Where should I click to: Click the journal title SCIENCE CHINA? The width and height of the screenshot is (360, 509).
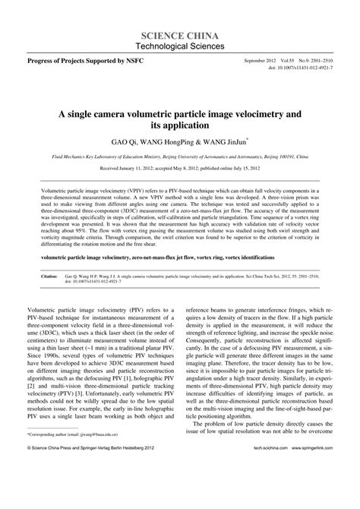tap(180, 36)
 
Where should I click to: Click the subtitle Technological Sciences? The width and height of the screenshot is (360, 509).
tap(180, 47)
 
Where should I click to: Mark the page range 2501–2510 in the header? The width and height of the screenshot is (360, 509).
tap(327, 59)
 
